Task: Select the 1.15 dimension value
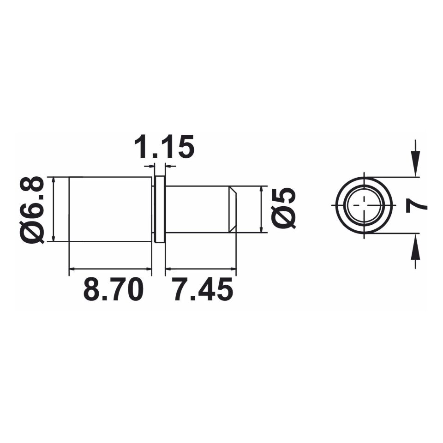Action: (x=164, y=146)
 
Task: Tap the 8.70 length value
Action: (x=114, y=289)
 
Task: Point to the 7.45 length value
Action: (x=204, y=289)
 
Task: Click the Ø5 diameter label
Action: (x=283, y=208)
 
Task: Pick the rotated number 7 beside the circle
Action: (x=416, y=204)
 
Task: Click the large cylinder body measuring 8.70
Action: (x=110, y=210)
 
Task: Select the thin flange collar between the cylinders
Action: (x=160, y=210)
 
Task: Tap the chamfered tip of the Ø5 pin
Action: (x=232, y=210)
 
